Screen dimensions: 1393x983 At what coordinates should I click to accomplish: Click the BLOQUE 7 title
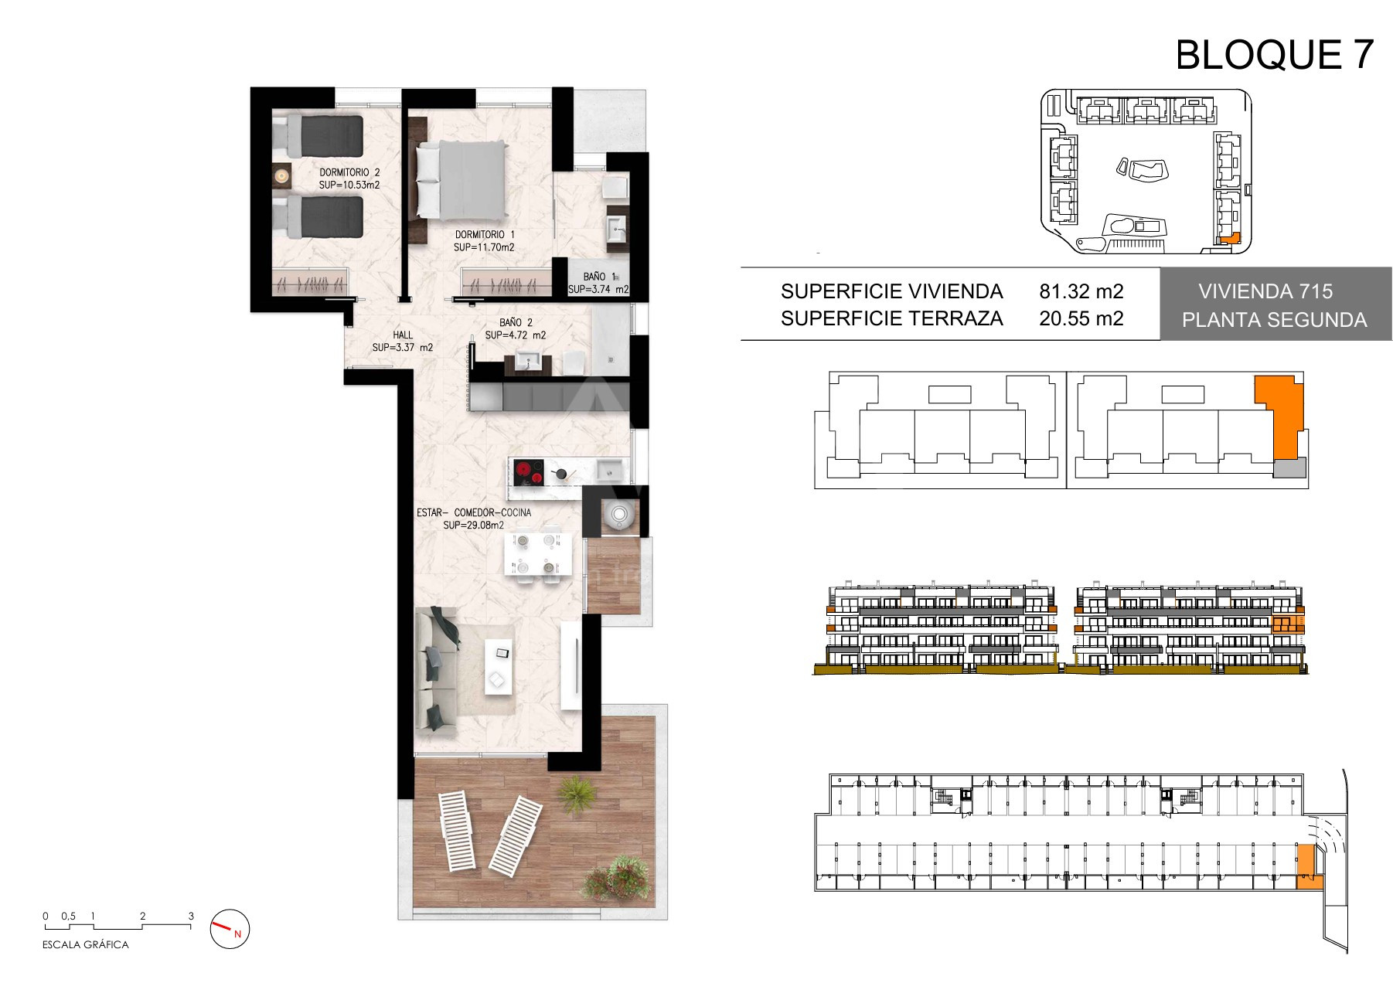pos(1274,54)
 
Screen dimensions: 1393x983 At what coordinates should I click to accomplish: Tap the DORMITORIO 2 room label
pos(349,172)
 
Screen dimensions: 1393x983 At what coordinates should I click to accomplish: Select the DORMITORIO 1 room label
pos(485,234)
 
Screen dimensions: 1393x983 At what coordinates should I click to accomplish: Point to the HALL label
pos(403,335)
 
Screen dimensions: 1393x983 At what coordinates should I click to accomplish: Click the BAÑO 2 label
pos(516,322)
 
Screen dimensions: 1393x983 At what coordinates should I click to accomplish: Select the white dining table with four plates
pos(537,553)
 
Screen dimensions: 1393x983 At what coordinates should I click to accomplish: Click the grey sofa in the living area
pos(436,668)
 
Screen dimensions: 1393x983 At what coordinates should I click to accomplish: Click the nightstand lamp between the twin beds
pos(281,176)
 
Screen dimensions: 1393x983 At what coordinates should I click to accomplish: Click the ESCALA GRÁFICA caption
pos(86,944)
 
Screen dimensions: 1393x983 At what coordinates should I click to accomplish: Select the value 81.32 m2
pos(1081,291)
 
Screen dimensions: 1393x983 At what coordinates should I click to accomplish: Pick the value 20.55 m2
pos(1081,318)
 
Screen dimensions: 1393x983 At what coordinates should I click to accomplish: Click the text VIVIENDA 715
pos(1265,291)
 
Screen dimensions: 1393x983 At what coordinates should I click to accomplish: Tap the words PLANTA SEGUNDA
pos(1274,320)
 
